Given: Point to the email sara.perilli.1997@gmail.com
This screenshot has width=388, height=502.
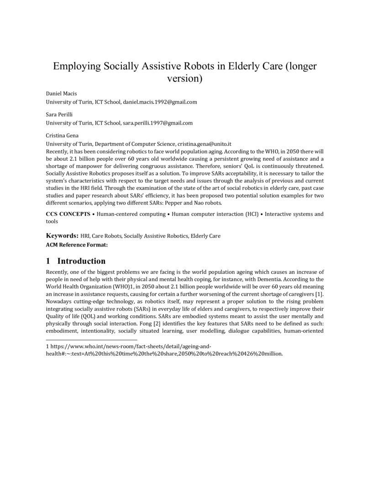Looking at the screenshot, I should tap(157, 123).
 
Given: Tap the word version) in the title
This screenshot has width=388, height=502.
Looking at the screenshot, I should tap(185, 78).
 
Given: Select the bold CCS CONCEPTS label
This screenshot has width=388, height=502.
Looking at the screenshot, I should tap(68, 214).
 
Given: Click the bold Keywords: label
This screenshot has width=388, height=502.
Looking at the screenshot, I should tap(62, 236).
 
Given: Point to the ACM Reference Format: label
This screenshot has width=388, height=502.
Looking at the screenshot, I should tap(77, 245).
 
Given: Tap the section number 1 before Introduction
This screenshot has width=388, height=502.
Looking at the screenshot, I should tap(48, 261).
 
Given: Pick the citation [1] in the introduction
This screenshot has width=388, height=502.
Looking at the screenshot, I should tap(320, 294).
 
